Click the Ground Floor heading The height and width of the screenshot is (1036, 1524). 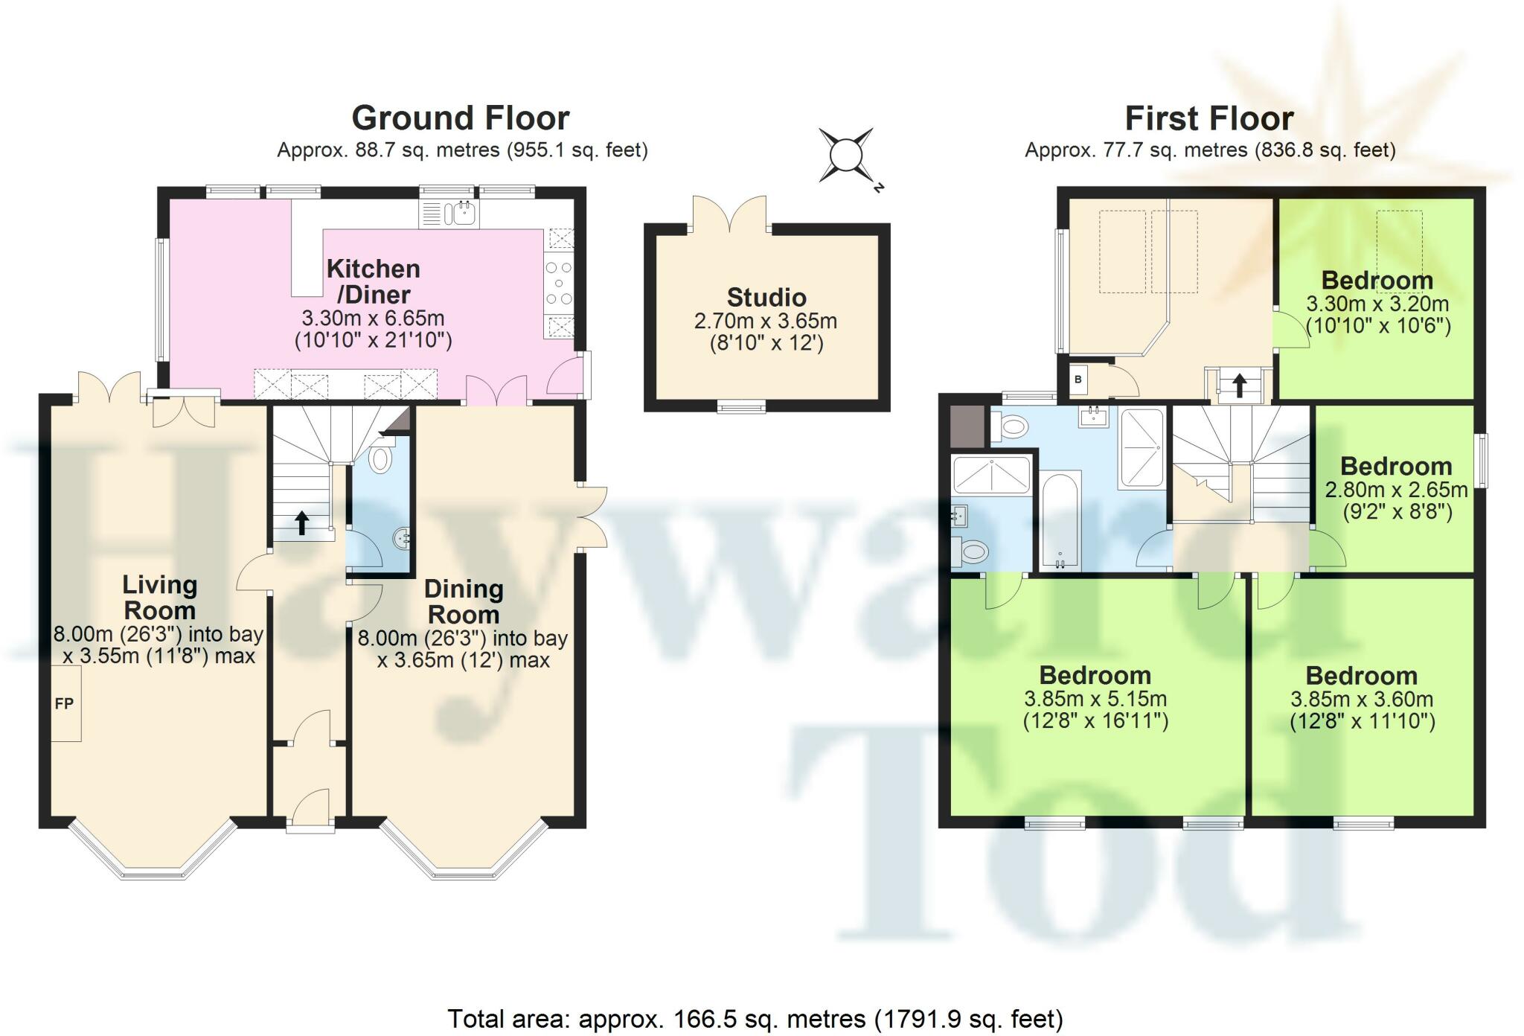pos(460,118)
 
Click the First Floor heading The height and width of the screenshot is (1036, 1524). pos(1208,118)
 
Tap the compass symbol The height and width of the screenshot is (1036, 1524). pos(846,156)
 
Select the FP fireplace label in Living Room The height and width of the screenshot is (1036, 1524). pos(65,703)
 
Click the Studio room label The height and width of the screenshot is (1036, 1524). pos(766,298)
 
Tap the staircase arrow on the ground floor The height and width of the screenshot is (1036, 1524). pos(302,522)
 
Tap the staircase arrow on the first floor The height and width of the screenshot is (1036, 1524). pos(1239,385)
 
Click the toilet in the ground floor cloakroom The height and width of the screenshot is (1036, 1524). pos(380,459)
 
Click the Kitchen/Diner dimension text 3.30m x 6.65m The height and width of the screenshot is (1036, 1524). pos(373,319)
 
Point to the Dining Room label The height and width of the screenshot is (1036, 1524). pos(464,601)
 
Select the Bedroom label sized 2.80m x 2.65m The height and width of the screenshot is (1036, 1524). pos(1396,467)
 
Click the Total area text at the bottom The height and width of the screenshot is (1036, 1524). pos(755,1018)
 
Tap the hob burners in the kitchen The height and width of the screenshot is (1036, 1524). pos(559,284)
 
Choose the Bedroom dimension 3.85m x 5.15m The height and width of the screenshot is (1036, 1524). pos(1095,699)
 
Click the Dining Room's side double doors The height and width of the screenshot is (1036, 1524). pos(593,518)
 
